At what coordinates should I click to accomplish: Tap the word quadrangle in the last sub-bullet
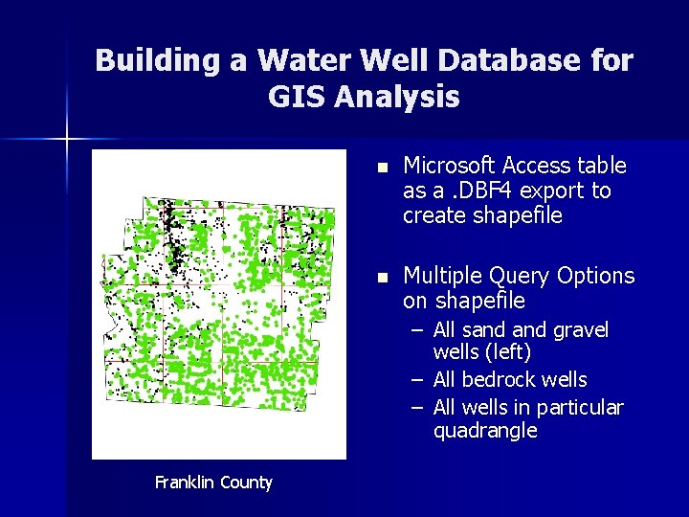coord(484,431)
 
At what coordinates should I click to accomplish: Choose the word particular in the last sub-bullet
coord(579,408)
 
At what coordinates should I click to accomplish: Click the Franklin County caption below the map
coord(213,483)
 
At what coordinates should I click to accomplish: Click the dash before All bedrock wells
coord(417,380)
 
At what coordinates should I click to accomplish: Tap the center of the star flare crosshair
coord(67,140)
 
